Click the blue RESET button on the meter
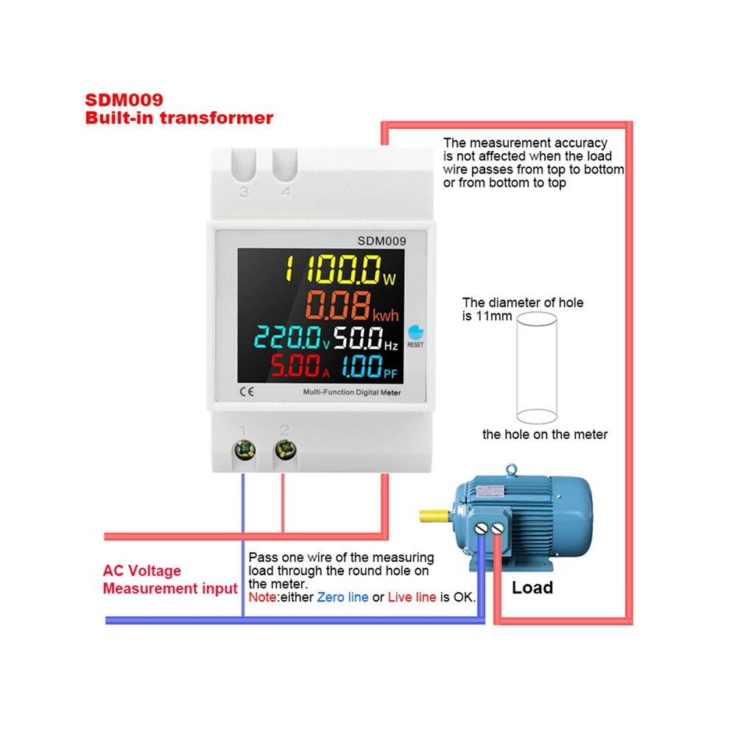(415, 332)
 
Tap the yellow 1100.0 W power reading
(340, 270)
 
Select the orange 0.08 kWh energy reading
(352, 306)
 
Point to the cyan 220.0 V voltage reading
(292, 337)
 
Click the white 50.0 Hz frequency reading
(366, 337)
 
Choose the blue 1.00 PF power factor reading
(370, 366)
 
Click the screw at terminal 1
(244, 450)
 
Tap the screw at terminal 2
(286, 450)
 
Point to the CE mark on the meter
(247, 392)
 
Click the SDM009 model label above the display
(381, 241)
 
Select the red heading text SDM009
(124, 100)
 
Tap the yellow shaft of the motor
(434, 515)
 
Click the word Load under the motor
(532, 588)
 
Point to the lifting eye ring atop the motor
(512, 470)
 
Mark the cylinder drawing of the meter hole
(537, 367)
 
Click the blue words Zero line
(342, 597)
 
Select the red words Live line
(412, 597)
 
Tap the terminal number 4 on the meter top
(286, 191)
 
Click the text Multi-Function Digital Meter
(352, 392)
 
